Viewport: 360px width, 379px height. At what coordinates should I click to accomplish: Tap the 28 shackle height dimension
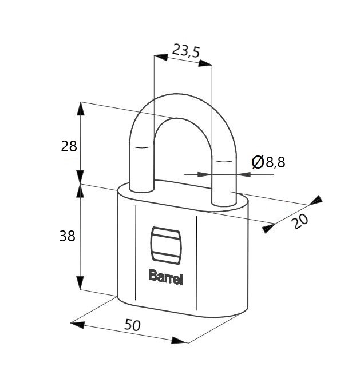pos(69,146)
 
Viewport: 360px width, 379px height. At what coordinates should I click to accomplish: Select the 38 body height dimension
pos(68,236)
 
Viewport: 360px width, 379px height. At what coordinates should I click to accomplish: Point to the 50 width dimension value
pos(132,325)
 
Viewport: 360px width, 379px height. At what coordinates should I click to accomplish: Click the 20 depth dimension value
pos(300,221)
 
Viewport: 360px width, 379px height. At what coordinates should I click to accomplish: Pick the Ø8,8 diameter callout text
pos(268,162)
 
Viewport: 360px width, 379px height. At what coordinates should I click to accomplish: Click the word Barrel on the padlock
pos(166,277)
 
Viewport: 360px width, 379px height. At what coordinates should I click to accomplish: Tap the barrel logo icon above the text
pos(166,245)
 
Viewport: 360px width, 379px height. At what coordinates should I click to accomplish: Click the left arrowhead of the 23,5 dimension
pos(161,57)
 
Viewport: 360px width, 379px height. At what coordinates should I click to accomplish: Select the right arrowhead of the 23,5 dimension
pos(205,63)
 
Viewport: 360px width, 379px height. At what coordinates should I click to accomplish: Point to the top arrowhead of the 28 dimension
pos(81,109)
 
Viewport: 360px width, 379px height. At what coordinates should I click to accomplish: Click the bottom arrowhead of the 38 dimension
pos(80,282)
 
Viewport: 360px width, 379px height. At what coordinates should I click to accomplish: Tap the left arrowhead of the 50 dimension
pos(78,325)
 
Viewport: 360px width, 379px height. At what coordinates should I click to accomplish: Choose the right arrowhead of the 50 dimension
pos(179,340)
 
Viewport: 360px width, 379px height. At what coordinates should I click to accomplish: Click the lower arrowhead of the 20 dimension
pos(268,228)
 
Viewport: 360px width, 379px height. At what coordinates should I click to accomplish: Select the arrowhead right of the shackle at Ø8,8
pos(243,174)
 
